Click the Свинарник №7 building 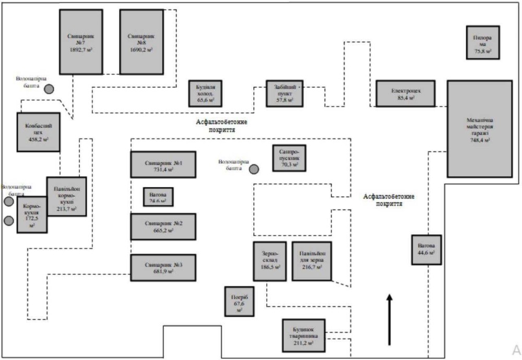pos(81,42)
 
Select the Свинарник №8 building pos(141,42)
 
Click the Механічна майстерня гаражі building pos(479,129)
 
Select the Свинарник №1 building pos(163,165)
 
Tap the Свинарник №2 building pos(163,226)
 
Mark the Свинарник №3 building pos(163,268)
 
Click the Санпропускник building pos(289,158)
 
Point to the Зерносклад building pos(269,261)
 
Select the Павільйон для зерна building pos(311,261)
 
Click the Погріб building pos(240,302)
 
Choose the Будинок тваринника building pos(303,337)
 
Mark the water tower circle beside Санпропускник pos(254,169)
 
